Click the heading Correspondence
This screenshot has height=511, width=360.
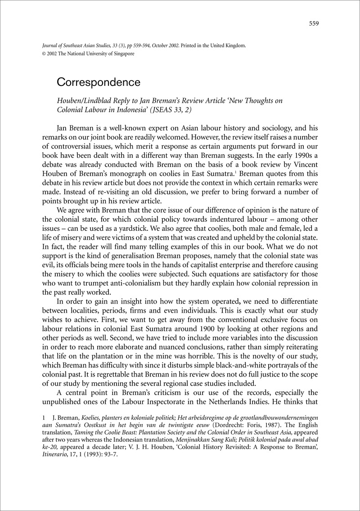pos(99,83)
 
